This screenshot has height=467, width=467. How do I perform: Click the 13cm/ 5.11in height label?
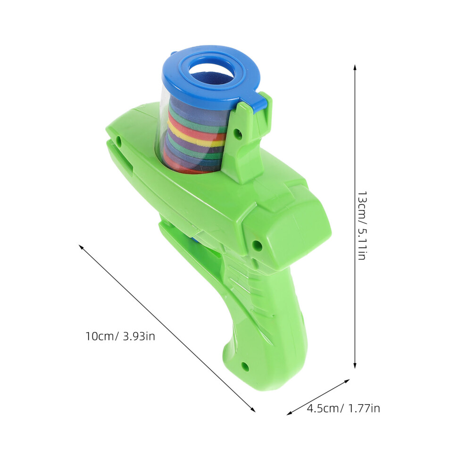tap(362, 226)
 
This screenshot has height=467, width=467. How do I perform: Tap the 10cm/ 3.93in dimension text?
tap(120, 336)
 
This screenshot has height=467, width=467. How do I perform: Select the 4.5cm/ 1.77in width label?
tap(343, 408)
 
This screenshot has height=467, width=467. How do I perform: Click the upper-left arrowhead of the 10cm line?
tap(81, 247)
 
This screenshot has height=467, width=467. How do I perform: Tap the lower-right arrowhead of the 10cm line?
tap(253, 410)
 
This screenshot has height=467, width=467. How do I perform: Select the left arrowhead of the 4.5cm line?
tap(289, 413)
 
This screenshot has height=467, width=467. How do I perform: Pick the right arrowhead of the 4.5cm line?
tap(347, 381)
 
